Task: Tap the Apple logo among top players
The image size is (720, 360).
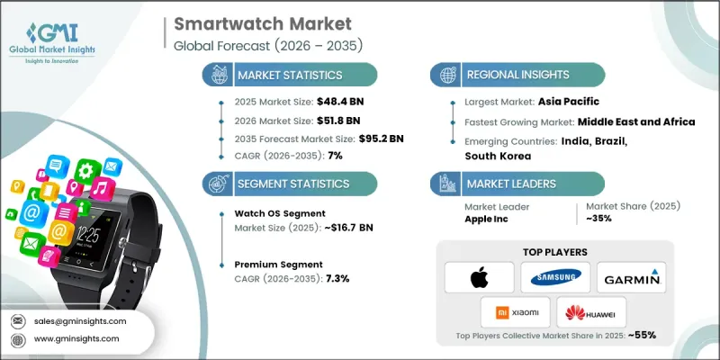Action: pos(479,277)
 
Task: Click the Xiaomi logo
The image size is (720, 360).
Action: pos(516,313)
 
